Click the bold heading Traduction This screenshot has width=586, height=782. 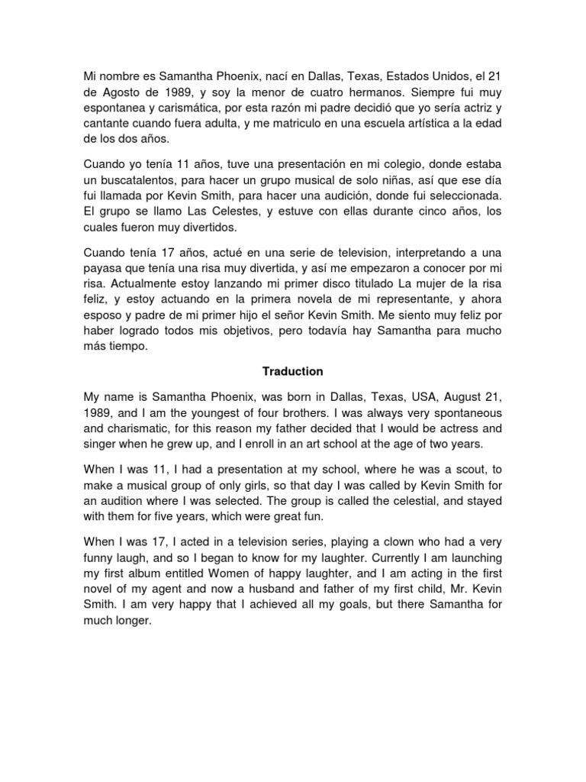point(293,372)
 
